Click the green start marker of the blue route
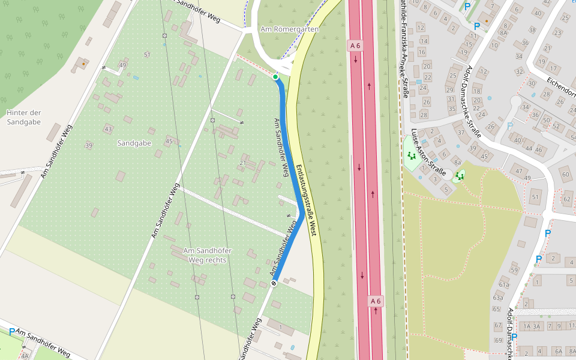275,77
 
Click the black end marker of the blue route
274,283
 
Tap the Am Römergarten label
289,29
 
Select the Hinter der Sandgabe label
23,117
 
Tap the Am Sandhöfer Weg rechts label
207,255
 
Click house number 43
108,129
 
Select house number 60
565,175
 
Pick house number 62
566,199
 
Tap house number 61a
503,284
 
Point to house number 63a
498,298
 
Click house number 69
497,340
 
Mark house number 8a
457,163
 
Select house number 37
461,133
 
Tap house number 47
520,172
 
